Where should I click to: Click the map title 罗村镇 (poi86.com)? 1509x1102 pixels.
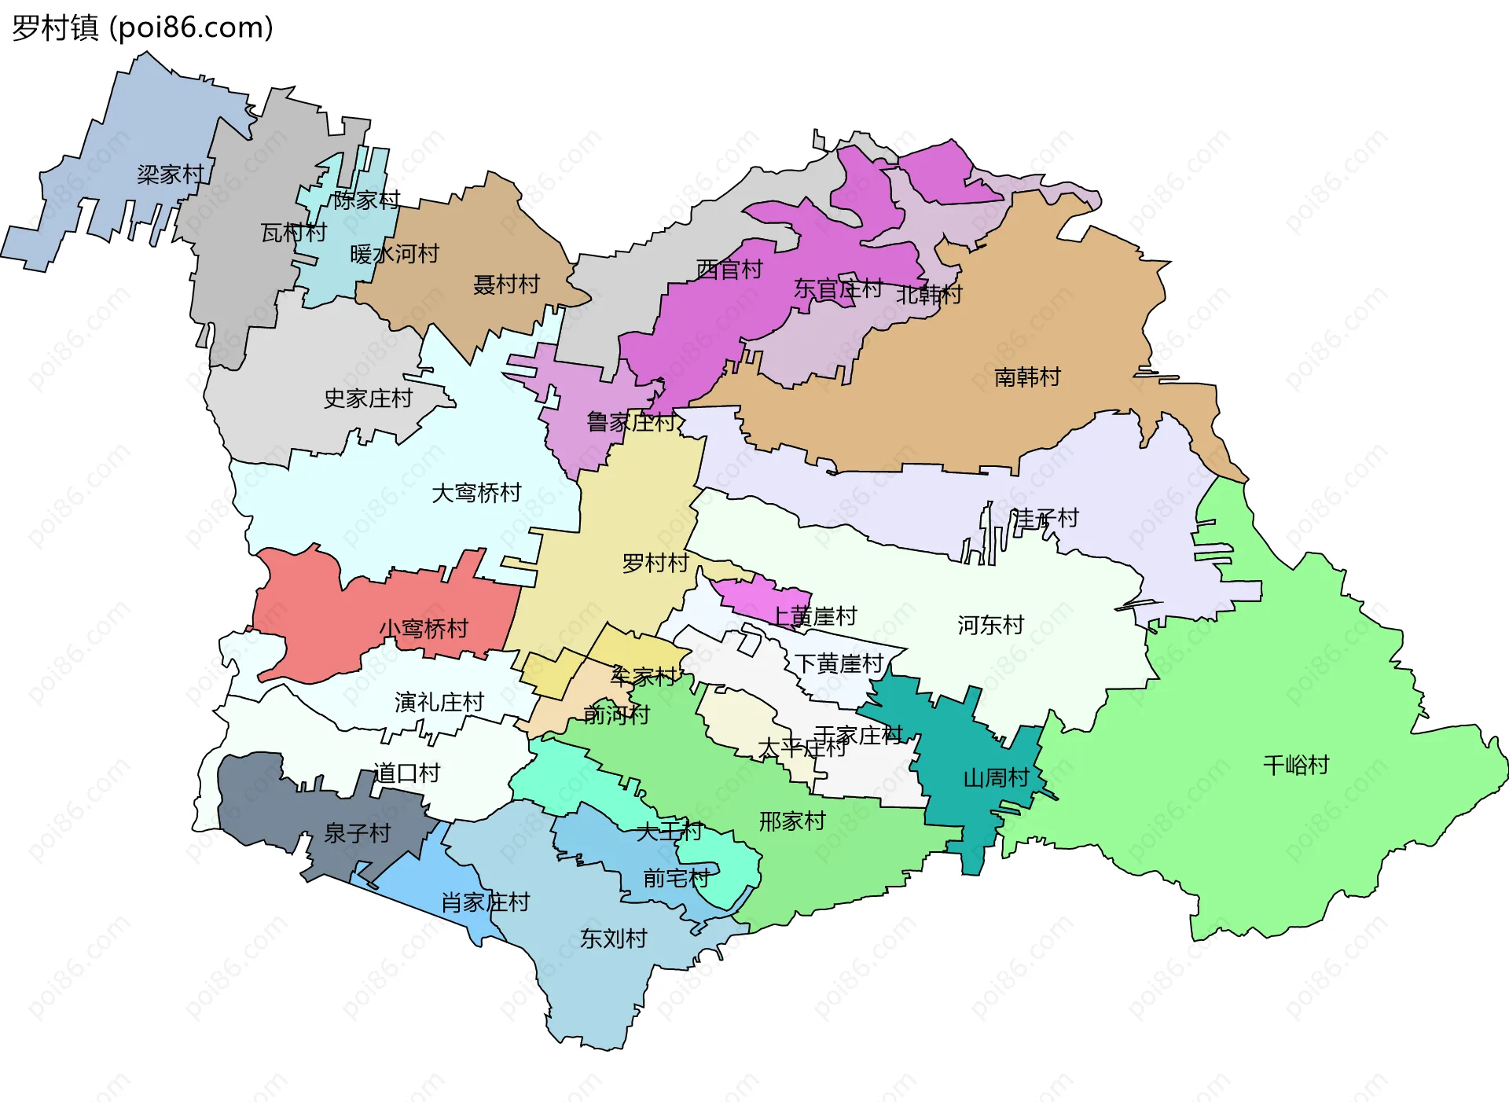click(x=142, y=28)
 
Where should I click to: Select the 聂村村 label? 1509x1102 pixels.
click(x=506, y=285)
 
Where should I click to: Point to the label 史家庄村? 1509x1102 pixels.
click(x=368, y=399)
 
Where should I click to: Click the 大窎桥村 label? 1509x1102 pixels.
click(x=476, y=493)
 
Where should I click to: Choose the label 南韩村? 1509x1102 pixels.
click(x=1027, y=377)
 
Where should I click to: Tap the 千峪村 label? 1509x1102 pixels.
click(x=1296, y=765)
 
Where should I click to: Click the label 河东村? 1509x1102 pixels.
click(x=990, y=625)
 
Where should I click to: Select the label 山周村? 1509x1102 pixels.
click(x=997, y=777)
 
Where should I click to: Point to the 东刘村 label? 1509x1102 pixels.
click(x=613, y=938)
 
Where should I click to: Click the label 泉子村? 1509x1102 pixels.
click(x=358, y=832)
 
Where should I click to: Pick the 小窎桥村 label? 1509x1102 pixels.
click(x=424, y=628)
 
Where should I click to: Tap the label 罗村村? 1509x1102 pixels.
click(x=655, y=563)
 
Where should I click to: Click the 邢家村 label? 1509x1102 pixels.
click(x=792, y=821)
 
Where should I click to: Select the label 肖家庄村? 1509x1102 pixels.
click(x=486, y=902)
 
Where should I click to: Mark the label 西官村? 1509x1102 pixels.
click(x=729, y=270)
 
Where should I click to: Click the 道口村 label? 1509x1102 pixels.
click(x=406, y=773)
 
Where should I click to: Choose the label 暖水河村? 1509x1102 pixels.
click(x=395, y=254)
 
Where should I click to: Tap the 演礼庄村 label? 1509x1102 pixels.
click(x=439, y=702)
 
